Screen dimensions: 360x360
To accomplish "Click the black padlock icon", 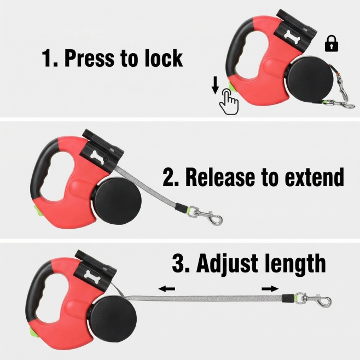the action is pyautogui.click(x=332, y=43).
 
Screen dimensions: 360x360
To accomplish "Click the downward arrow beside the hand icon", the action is pyautogui.click(x=215, y=85).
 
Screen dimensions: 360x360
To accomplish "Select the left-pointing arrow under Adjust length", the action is pyautogui.click(x=167, y=288).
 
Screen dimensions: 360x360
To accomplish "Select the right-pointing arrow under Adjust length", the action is pyautogui.click(x=270, y=288).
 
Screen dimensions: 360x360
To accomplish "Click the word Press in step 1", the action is pyautogui.click(x=89, y=57).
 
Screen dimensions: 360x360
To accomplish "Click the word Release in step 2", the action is pyautogui.click(x=220, y=177).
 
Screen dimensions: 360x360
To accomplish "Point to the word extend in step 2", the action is pyautogui.click(x=314, y=177).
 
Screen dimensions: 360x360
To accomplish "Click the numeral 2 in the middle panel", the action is pyautogui.click(x=169, y=177).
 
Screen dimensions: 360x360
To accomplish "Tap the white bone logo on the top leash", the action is pyautogui.click(x=292, y=35).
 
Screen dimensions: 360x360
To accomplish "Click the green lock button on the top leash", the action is pyautogui.click(x=231, y=88).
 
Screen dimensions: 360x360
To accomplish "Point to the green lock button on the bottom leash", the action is pyautogui.click(x=31, y=332).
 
